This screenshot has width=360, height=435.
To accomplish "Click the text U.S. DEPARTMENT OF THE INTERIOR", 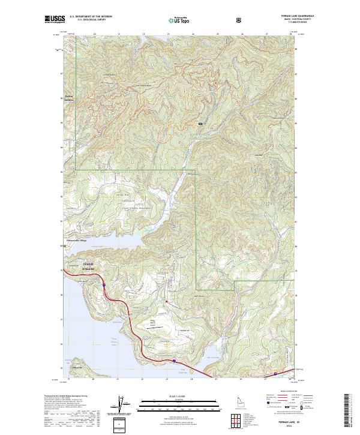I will coord(91,17).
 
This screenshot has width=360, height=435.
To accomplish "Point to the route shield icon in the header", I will coord(239,20).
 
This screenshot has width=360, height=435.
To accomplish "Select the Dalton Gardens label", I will coord(71,98).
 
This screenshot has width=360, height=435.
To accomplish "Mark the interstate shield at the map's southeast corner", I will coord(275,374).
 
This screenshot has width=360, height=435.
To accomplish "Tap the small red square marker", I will coord(166,302).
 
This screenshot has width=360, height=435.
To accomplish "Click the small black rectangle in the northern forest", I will coord(200,123).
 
